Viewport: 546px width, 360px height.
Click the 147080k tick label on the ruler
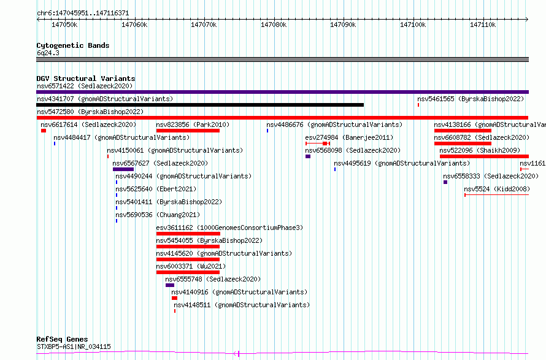[274, 25]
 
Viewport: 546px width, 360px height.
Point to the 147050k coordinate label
[64, 25]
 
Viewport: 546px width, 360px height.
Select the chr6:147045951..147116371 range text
[83, 13]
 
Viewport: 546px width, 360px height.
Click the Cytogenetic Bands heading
[73, 45]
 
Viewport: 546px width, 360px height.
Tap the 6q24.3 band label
[48, 53]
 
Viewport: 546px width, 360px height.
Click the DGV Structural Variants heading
[86, 79]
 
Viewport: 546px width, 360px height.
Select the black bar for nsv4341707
[200, 105]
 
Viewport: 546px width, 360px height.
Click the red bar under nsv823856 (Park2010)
[188, 131]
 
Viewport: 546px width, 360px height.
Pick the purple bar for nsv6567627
[123, 169]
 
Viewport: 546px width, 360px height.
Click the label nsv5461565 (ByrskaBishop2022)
[471, 99]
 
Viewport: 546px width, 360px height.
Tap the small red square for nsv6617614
[44, 131]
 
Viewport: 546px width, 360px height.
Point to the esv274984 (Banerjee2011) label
[349, 137]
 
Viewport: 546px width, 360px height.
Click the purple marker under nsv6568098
[308, 156]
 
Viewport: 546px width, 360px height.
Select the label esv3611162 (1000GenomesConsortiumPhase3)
[229, 228]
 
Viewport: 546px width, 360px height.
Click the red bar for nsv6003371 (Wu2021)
[188, 272]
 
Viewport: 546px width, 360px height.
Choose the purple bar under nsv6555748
[170, 285]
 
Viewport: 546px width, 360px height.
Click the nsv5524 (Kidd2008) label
[497, 189]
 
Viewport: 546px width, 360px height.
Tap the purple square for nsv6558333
[445, 182]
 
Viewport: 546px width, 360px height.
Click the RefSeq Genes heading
[62, 339]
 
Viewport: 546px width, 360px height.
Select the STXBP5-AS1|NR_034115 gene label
[74, 347]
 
